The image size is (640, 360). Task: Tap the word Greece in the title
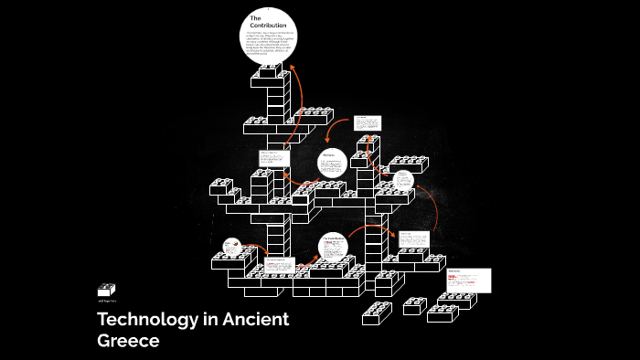[128, 341]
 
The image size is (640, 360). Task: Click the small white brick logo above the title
[106, 290]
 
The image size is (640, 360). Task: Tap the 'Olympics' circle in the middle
[332, 162]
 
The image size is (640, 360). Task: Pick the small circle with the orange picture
[231, 247]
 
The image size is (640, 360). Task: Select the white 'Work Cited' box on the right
[469, 280]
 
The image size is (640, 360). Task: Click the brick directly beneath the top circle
[270, 70]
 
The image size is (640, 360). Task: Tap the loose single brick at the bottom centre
[376, 313]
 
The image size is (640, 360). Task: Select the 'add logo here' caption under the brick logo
[108, 300]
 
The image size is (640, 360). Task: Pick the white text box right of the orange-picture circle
[280, 266]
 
